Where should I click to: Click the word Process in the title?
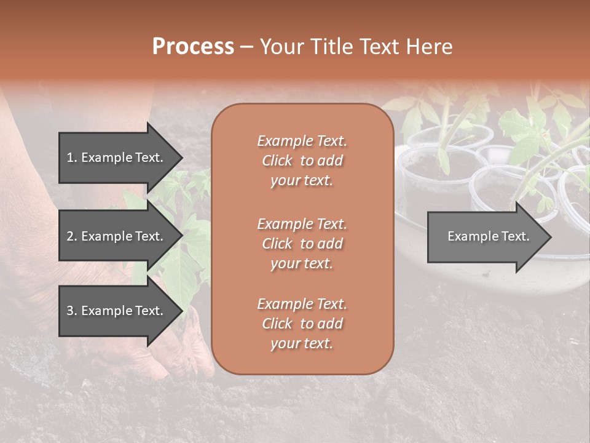[193, 47]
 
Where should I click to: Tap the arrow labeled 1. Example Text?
[117, 158]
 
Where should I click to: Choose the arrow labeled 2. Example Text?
[117, 236]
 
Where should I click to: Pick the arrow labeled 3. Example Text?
[117, 311]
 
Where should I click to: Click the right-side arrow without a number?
[486, 237]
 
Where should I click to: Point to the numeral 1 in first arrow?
[69, 158]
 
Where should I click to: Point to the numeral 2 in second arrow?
[70, 236]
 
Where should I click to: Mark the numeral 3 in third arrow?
[70, 311]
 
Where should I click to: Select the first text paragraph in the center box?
[302, 161]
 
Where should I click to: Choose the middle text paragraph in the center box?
[302, 243]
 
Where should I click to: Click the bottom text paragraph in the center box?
[302, 324]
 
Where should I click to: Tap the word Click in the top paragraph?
[277, 161]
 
